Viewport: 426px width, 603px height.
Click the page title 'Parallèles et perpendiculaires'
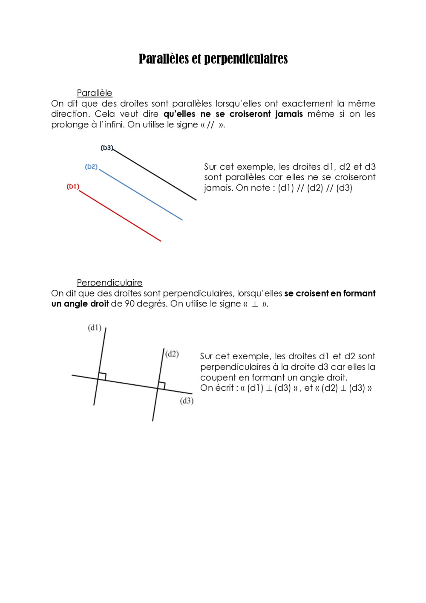pyautogui.click(x=213, y=59)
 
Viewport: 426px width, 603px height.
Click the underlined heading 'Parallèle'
pyautogui.click(x=94, y=93)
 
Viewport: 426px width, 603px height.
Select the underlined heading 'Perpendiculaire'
pyautogui.click(x=109, y=283)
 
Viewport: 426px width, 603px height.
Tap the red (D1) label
pyautogui.click(x=73, y=187)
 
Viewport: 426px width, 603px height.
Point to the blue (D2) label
pyautogui.click(x=91, y=167)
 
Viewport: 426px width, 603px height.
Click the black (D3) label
pyautogui.click(x=106, y=148)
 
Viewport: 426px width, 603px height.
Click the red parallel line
pyautogui.click(x=120, y=216)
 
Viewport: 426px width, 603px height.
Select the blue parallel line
pyautogui.click(x=141, y=195)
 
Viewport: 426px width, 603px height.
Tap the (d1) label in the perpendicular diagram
pyautogui.click(x=95, y=328)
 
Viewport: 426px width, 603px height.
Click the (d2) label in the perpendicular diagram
pyautogui.click(x=172, y=354)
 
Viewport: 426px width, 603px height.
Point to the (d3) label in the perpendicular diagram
pyautogui.click(x=187, y=401)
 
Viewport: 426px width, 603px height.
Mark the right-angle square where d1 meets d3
pyautogui.click(x=102, y=376)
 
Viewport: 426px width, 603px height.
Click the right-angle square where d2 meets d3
pyautogui.click(x=161, y=385)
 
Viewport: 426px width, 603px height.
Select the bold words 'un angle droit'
pyautogui.click(x=80, y=304)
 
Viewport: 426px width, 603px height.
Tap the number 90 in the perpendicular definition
pyautogui.click(x=130, y=304)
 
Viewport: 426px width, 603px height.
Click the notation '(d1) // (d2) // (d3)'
pyautogui.click(x=315, y=188)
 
